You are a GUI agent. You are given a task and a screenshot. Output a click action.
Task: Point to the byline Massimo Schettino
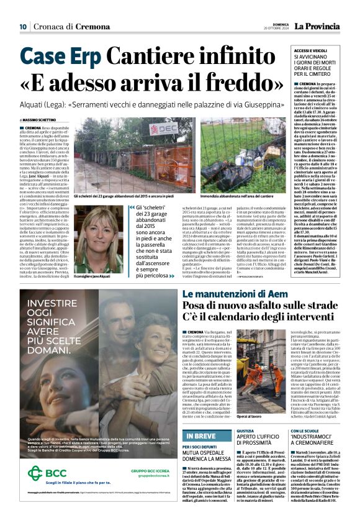tap(38, 120)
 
